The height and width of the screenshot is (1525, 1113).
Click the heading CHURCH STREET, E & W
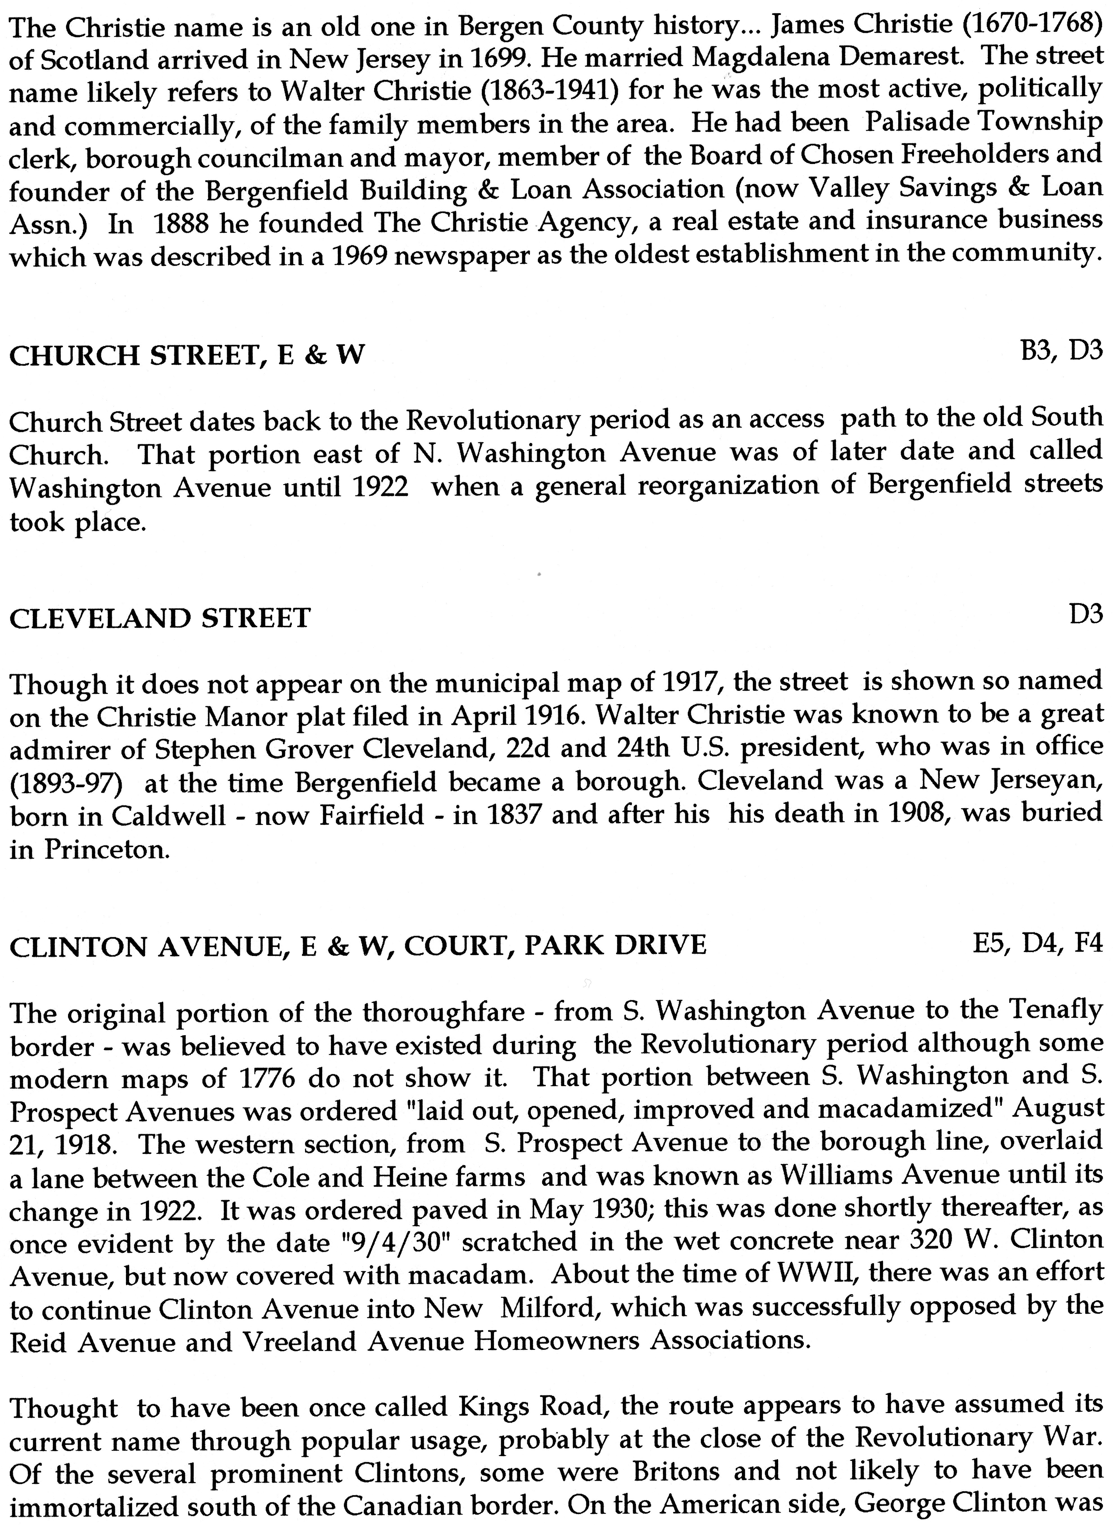[x=187, y=355]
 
